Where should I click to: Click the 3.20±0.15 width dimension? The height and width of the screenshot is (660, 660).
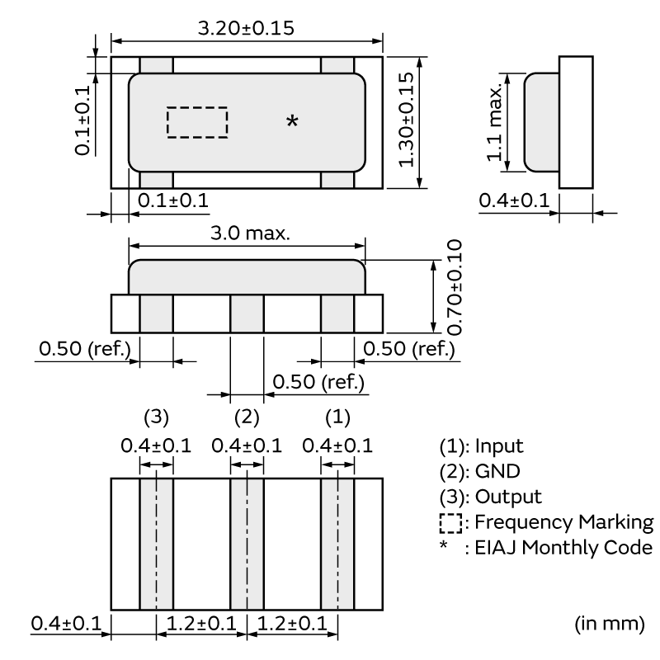[x=247, y=27]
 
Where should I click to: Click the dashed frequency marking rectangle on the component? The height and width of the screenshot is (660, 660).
[x=197, y=122]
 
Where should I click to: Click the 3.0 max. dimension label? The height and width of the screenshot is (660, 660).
[x=247, y=233]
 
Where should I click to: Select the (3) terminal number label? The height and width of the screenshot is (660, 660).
[x=156, y=416]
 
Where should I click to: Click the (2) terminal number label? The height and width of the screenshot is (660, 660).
[x=247, y=416]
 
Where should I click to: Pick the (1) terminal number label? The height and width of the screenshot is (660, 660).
[x=337, y=416]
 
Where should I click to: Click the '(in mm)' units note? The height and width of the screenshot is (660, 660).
[x=609, y=623]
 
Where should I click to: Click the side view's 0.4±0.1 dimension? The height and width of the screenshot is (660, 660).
[x=513, y=200]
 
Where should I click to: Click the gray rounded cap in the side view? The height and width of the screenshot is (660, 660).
[x=542, y=122]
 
